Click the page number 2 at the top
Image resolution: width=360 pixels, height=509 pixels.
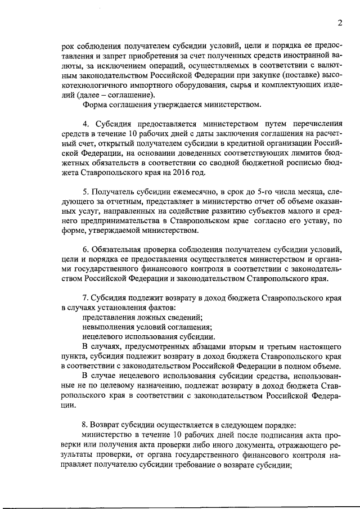[x=340, y=22]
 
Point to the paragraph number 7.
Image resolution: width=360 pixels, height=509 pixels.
[x=85, y=296]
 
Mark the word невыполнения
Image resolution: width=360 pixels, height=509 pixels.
[x=110, y=327]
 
